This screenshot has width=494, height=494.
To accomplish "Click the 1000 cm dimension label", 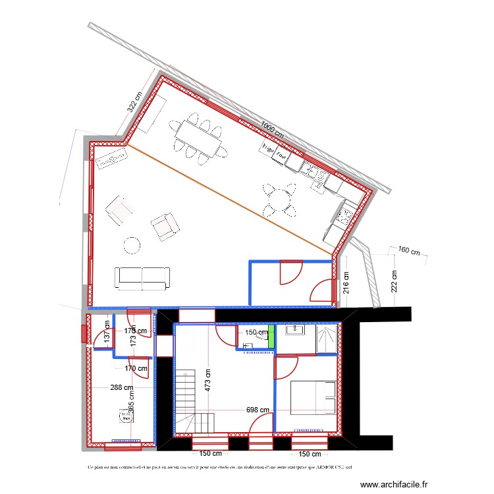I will [x=272, y=129].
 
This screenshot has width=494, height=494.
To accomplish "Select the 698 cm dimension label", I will [x=258, y=410].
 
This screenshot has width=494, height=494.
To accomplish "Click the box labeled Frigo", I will [x=267, y=150].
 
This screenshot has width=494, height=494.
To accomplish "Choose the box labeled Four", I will [x=282, y=157].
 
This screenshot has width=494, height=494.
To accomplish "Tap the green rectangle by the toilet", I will [x=271, y=338].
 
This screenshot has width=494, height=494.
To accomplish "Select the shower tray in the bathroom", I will [x=327, y=339].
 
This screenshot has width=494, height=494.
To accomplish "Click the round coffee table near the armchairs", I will [x=132, y=246].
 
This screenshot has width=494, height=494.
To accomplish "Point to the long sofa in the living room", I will [x=142, y=278].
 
